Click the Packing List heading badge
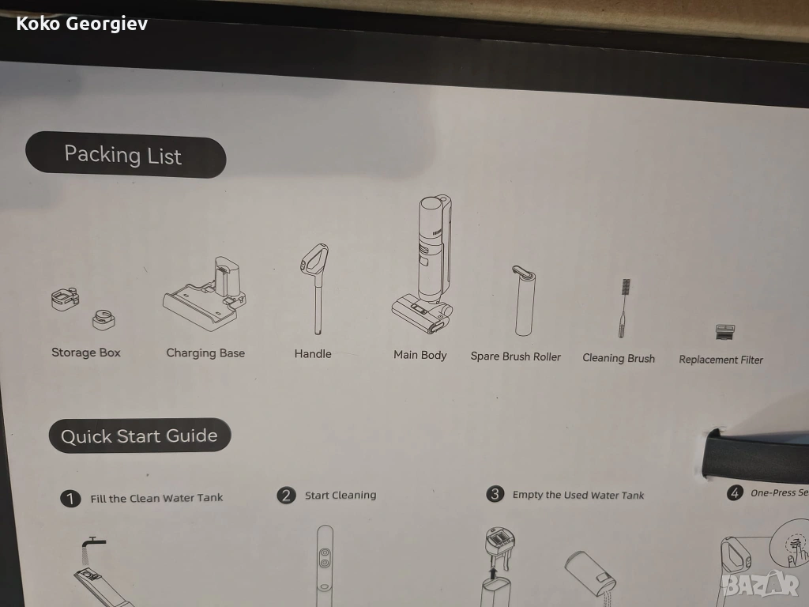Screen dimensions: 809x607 126,155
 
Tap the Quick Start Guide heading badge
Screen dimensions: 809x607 140,435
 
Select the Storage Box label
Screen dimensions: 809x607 85,353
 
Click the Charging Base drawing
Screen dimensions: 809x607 205,293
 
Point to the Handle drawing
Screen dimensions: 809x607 315,288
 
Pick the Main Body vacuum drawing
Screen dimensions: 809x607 423,264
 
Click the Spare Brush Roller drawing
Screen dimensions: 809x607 525,300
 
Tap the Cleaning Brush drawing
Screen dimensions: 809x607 623,308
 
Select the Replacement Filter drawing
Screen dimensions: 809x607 725,331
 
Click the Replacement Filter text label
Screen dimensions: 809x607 721,360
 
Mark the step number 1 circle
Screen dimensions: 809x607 70,499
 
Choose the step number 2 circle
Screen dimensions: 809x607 286,496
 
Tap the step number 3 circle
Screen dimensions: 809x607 495,494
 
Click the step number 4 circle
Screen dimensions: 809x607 735,492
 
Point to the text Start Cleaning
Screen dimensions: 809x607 341,495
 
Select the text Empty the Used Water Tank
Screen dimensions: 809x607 578,495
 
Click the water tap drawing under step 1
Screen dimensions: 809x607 93,542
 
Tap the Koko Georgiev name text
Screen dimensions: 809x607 82,24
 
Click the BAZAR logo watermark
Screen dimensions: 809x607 760,583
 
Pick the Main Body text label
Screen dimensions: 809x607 420,355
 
